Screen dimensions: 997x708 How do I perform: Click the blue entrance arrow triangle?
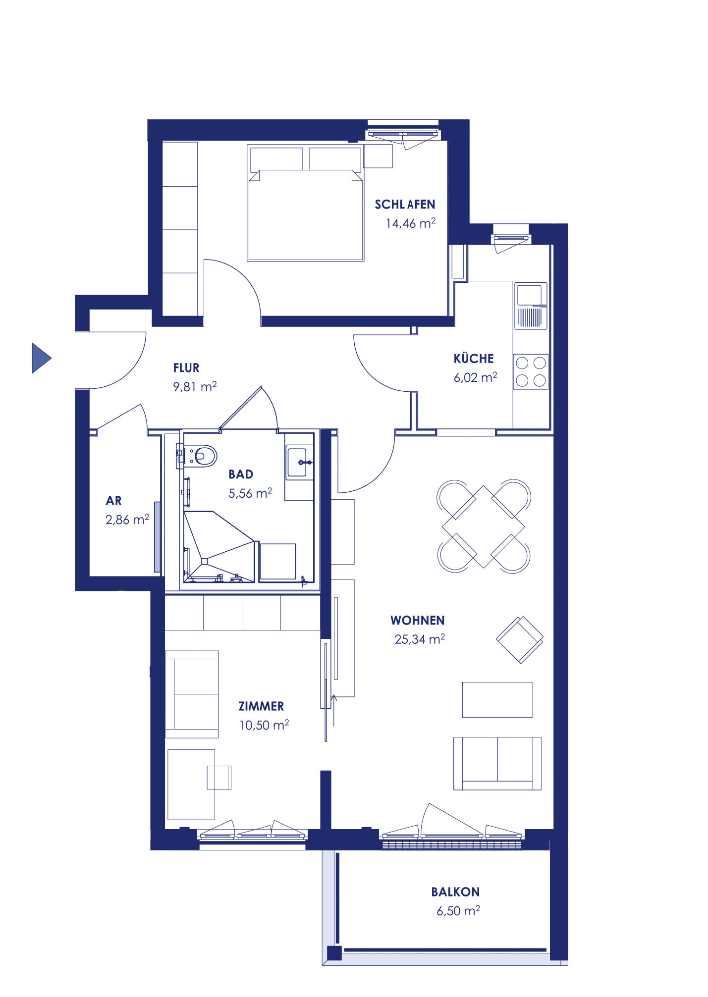[41, 358]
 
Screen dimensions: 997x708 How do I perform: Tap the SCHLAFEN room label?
[404, 205]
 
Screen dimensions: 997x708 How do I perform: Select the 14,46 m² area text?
[410, 223]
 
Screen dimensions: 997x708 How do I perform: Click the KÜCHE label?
[473, 359]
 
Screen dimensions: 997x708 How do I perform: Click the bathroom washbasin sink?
[298, 463]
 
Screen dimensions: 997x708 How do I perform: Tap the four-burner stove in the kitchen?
[530, 371]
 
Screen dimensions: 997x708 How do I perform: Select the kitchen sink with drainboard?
[531, 306]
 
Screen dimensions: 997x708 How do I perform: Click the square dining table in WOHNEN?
[483, 526]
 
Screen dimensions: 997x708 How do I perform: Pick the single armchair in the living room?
[519, 639]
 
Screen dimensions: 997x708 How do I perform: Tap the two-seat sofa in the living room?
[497, 763]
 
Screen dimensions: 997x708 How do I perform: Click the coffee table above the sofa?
[497, 699]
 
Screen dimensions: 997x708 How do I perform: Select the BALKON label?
[455, 892]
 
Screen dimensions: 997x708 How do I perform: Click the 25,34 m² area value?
[419, 639]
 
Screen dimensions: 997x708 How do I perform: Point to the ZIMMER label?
[261, 706]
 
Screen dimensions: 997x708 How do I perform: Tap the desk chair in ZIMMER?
[219, 777]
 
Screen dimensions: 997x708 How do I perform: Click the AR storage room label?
[113, 501]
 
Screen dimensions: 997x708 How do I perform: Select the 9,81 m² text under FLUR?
[194, 387]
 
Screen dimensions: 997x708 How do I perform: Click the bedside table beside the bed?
[378, 156]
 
